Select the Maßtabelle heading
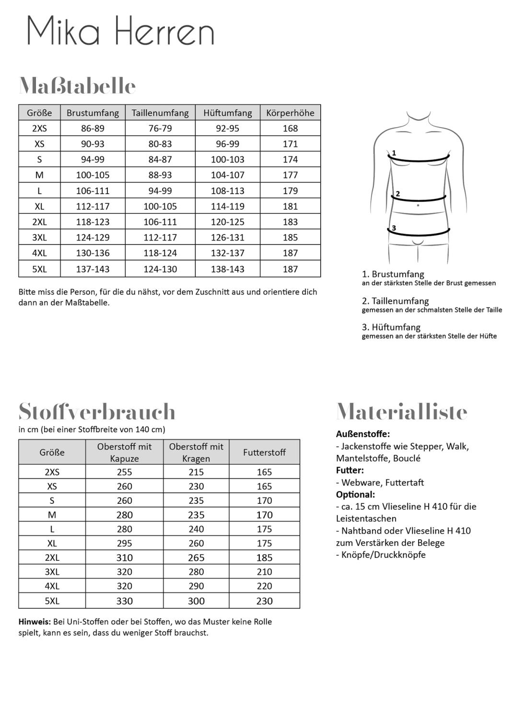point(77,86)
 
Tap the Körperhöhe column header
point(290,113)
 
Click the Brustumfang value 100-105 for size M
point(93,175)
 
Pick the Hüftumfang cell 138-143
point(227,269)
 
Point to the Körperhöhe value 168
point(290,128)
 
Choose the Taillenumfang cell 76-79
point(160,128)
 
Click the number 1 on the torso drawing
point(394,153)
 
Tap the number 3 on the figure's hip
point(394,228)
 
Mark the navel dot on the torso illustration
point(418,205)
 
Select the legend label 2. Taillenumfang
point(395,301)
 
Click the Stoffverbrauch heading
point(97,412)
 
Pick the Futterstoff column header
point(264,452)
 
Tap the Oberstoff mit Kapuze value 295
point(124,543)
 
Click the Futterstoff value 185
point(264,557)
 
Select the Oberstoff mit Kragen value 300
point(196,601)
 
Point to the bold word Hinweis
point(35,622)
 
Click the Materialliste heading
point(402,412)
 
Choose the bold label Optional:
point(355,494)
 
